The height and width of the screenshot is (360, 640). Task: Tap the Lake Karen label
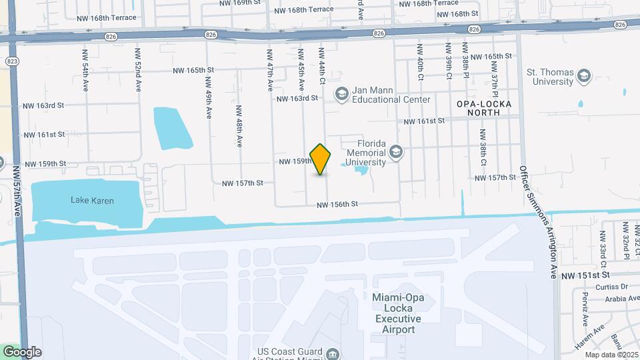pos(92,200)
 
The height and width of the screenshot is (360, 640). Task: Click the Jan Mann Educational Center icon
pos(342,93)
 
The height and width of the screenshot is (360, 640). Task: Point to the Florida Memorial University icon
pos(396,153)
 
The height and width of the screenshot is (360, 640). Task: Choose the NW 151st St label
pos(586,275)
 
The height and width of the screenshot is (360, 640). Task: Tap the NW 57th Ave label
pos(15,190)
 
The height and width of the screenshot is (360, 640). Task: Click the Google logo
pos(21,351)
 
